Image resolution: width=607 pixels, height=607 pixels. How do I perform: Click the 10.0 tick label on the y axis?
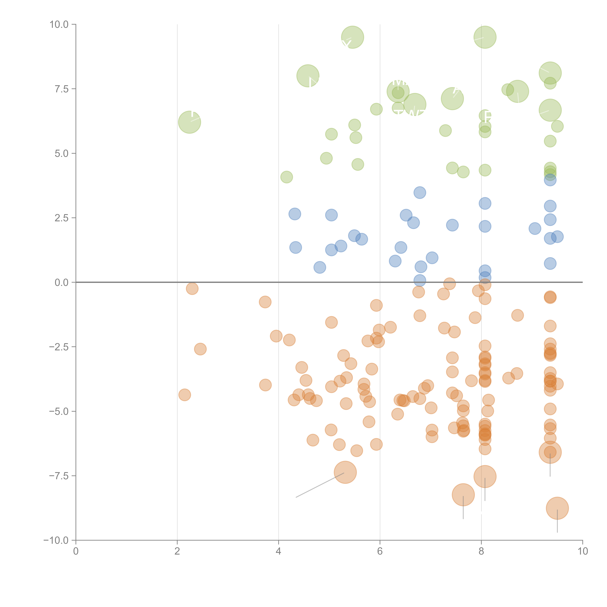click(x=59, y=25)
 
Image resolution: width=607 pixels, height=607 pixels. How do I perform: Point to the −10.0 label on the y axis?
click(x=56, y=540)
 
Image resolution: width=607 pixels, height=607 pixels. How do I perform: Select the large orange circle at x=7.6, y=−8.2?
click(x=463, y=494)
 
